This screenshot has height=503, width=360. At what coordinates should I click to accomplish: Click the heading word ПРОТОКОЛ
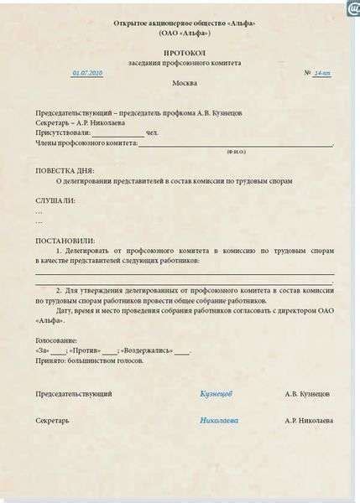(x=180, y=52)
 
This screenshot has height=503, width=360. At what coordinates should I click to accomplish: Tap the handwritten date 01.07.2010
(x=87, y=73)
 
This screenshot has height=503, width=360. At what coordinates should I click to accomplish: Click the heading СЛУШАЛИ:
(x=55, y=200)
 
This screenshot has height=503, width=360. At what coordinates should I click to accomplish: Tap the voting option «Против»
(x=86, y=350)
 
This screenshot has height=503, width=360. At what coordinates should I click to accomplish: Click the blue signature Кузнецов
(x=217, y=392)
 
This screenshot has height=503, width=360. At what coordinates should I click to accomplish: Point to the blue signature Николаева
(x=219, y=419)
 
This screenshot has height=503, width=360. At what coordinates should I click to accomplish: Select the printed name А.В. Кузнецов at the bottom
(x=306, y=392)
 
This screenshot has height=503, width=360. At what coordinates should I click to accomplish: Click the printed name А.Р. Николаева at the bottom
(x=308, y=419)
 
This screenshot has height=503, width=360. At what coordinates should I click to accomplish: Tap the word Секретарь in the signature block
(x=53, y=419)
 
